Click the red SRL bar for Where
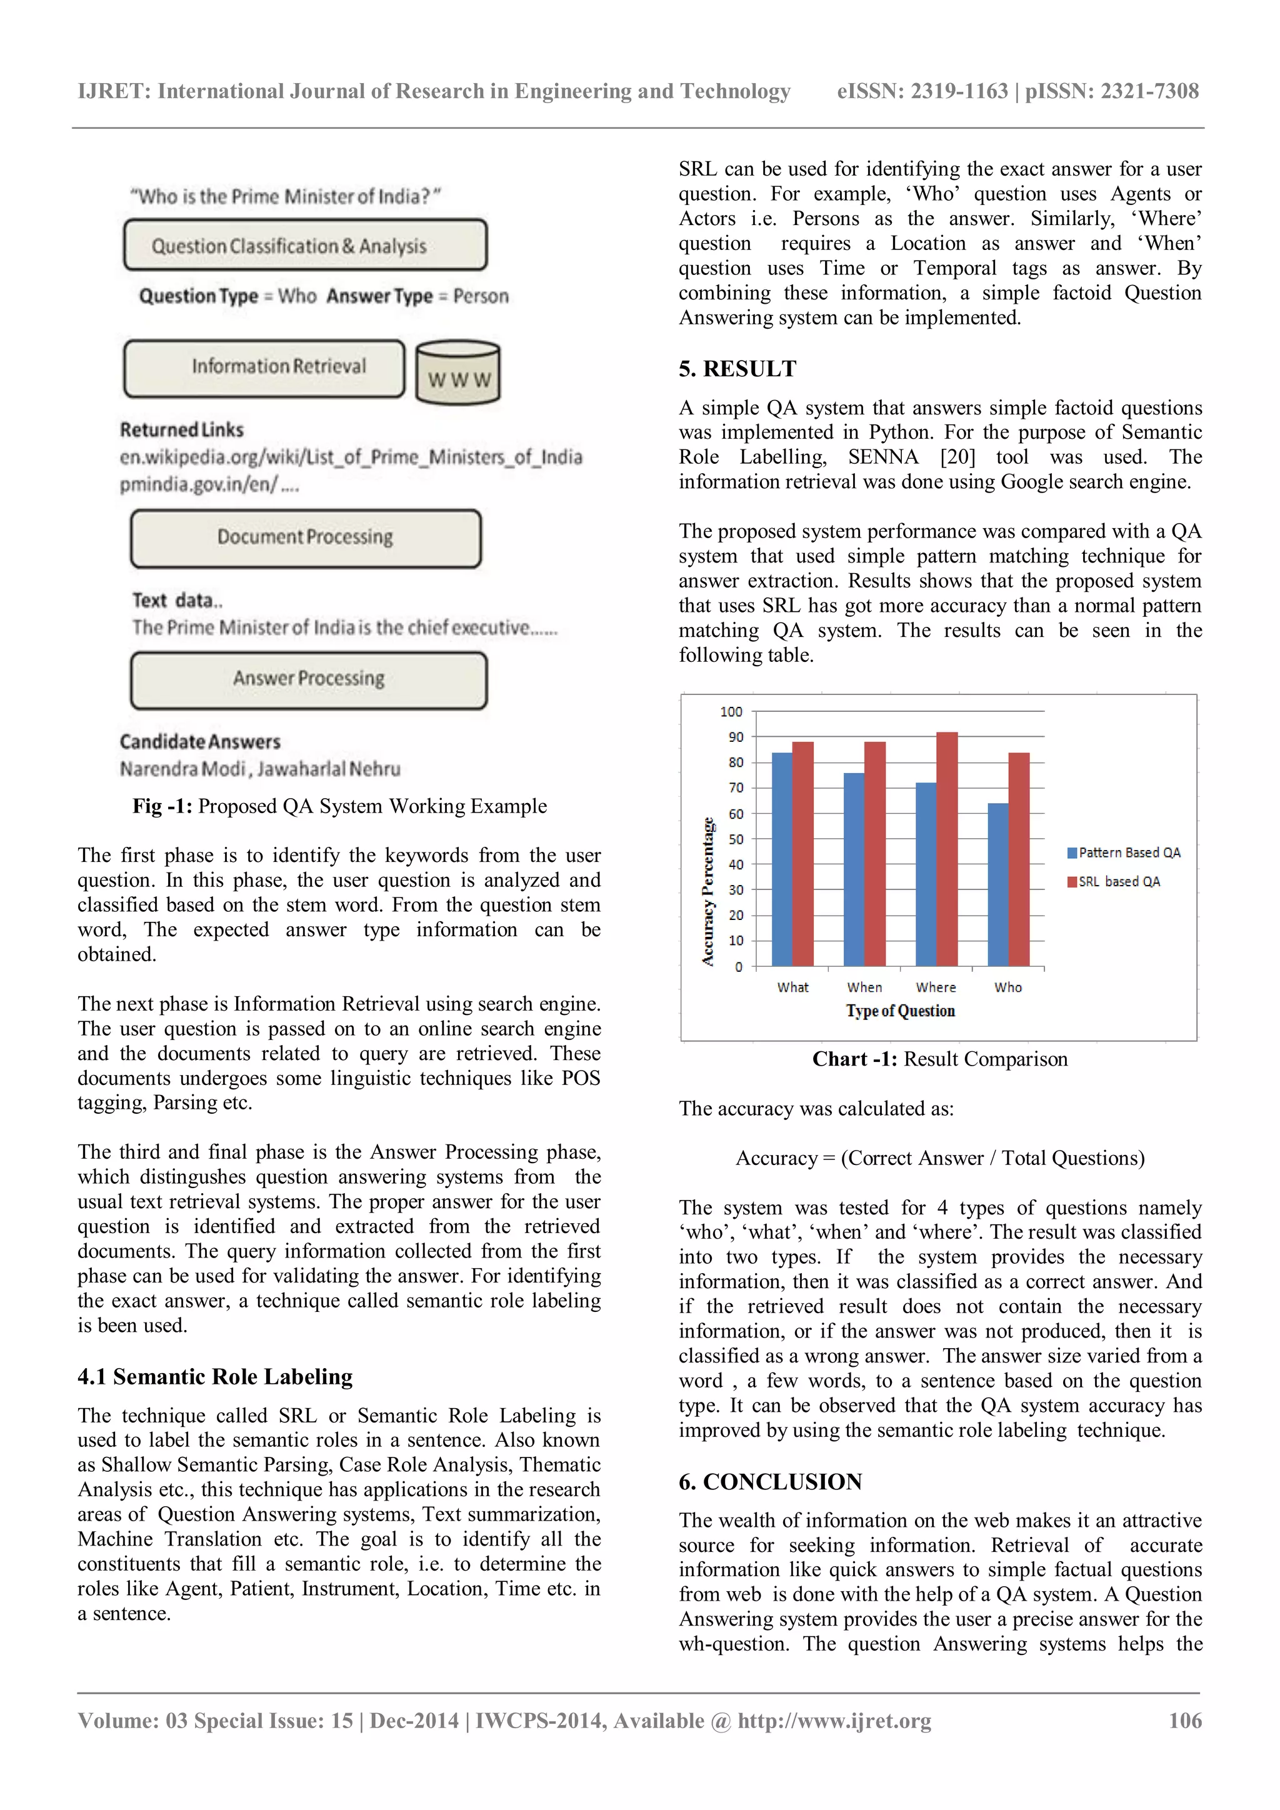pos(947,850)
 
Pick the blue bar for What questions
pos(782,859)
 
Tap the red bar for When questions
pos(874,854)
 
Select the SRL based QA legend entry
pos(1115,881)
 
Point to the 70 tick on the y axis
pos(736,787)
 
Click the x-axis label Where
pos(936,987)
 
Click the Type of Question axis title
pos(900,1011)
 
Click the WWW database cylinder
pos(458,373)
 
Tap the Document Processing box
pos(305,538)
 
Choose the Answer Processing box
pos(308,679)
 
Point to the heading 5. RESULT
pos(737,369)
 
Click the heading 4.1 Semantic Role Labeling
pos(214,1376)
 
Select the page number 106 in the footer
pos(1184,1720)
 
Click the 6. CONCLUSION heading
pos(770,1481)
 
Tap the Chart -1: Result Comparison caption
pos(939,1059)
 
